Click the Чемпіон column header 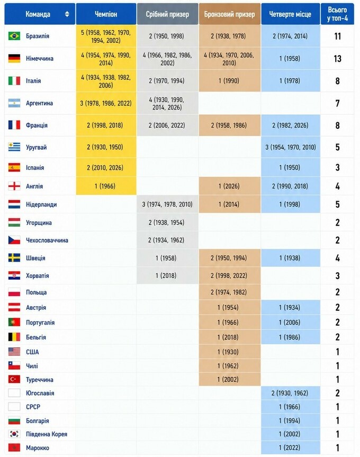[x=106, y=14]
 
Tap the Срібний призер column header [x=167, y=14]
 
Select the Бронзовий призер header [x=230, y=14]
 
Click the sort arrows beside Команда [x=67, y=14]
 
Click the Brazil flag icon [x=14, y=36]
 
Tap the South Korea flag [x=14, y=434]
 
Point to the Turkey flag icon [x=14, y=379]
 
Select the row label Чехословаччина [x=47, y=240]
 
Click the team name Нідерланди [x=41, y=204]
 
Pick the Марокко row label [x=38, y=447]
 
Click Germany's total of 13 [x=338, y=59]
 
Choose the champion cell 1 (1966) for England [x=106, y=186]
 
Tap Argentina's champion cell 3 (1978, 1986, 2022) [x=106, y=103]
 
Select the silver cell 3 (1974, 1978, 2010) [x=167, y=204]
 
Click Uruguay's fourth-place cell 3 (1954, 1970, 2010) [x=291, y=147]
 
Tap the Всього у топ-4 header [x=337, y=14]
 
